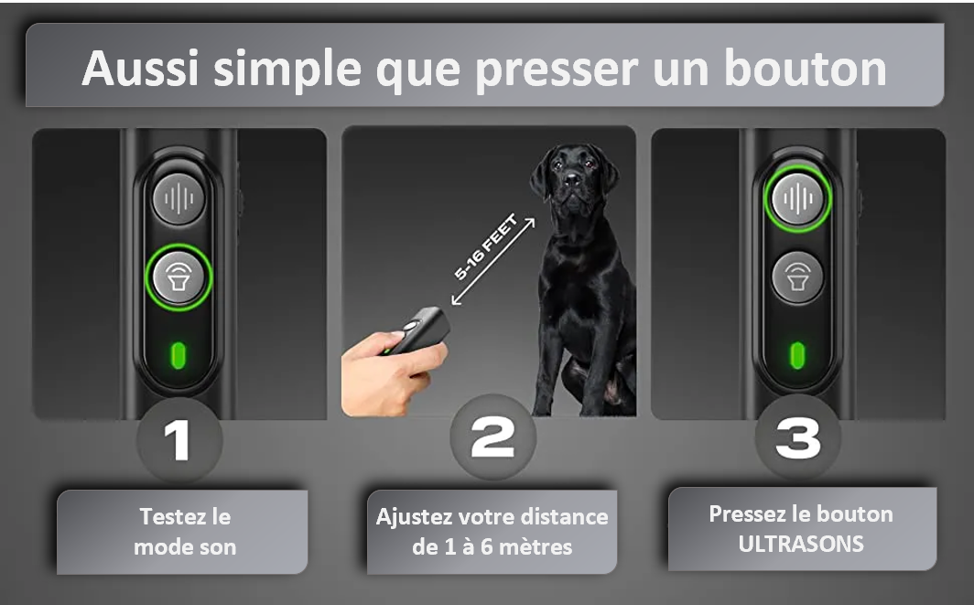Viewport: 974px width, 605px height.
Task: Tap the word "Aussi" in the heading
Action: point(140,68)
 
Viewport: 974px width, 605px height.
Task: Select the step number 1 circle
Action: point(179,439)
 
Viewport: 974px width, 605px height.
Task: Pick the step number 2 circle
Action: point(492,437)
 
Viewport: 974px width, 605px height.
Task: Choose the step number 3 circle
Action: point(797,437)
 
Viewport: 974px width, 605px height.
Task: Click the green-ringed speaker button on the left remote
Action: point(179,277)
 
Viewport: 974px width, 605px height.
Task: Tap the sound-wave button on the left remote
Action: point(179,199)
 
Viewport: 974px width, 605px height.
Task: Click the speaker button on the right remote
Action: point(797,277)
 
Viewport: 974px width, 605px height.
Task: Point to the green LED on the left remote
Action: point(179,355)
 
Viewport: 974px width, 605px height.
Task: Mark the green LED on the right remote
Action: point(797,355)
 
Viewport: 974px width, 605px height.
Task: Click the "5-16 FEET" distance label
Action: point(485,246)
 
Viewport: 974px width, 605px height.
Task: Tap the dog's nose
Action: point(572,180)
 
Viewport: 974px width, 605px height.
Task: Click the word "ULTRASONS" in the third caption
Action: point(801,544)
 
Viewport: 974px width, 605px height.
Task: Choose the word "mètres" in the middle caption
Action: point(536,546)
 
